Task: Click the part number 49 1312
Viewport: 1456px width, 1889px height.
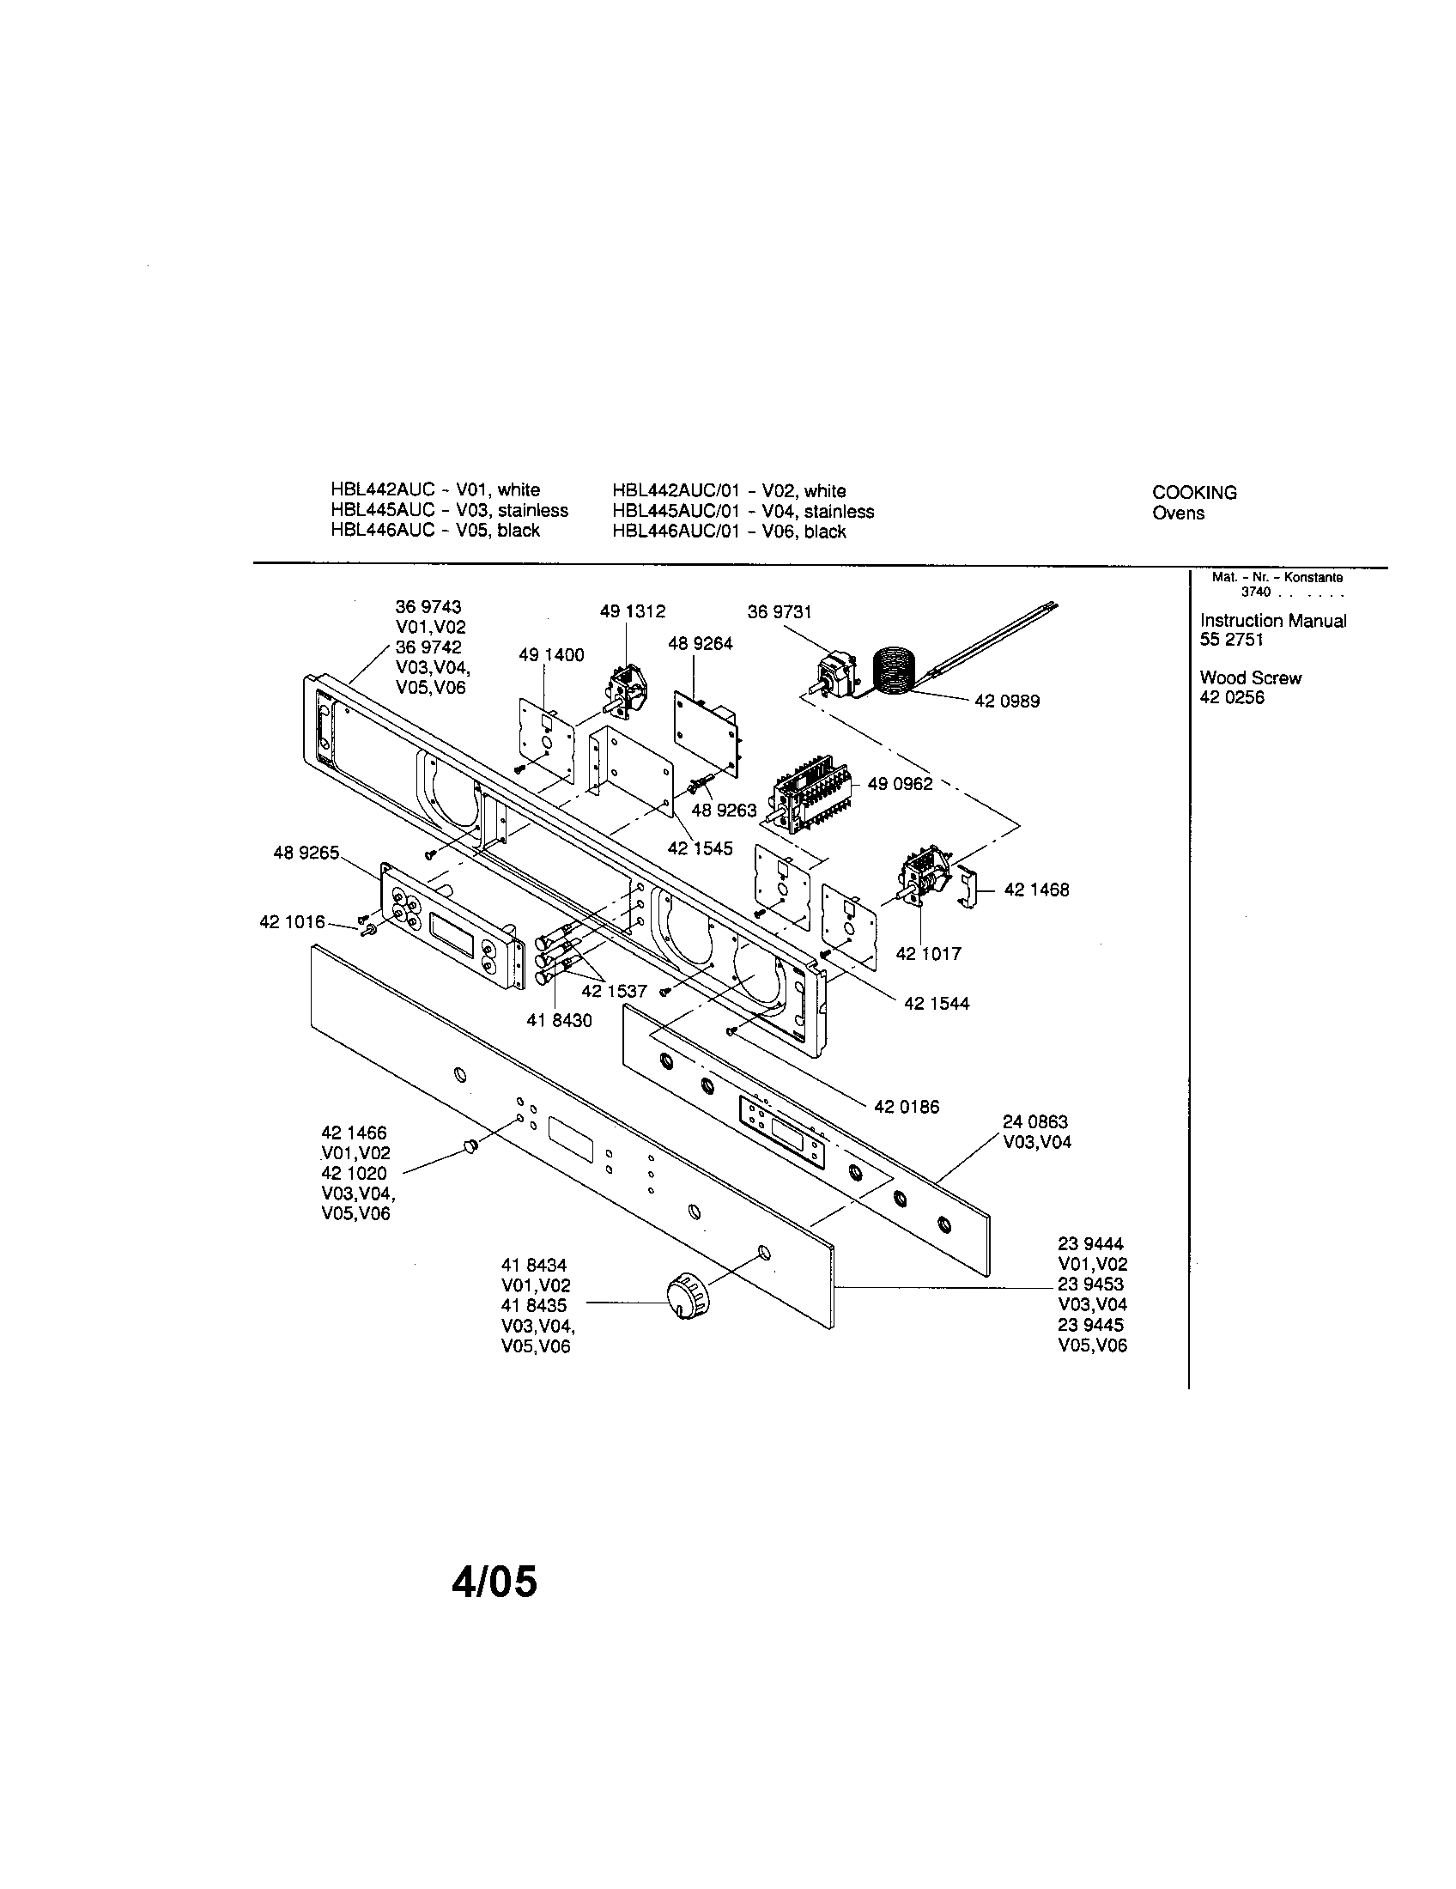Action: click(x=632, y=611)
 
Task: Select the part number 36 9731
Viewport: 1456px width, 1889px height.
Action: click(x=779, y=612)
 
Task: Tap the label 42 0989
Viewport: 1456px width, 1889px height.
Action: click(x=1006, y=702)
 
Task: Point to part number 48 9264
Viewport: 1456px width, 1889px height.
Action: click(x=700, y=643)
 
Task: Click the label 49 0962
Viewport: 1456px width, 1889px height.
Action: click(x=899, y=784)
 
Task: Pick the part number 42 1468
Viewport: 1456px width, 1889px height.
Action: click(x=1036, y=890)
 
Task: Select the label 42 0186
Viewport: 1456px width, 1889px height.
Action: click(x=906, y=1106)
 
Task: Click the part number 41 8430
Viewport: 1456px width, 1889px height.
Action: click(x=559, y=1021)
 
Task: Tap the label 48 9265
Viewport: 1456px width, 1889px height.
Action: click(x=306, y=853)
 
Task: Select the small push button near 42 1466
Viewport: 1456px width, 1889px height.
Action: click(x=470, y=1146)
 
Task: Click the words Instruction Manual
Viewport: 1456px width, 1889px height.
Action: click(x=1272, y=620)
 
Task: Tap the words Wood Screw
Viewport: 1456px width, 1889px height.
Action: click(x=1250, y=677)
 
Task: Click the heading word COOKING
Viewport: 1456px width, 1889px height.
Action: click(x=1193, y=492)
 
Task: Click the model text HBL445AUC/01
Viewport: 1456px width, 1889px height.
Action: click(x=676, y=511)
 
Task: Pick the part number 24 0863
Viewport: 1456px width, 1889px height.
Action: click(x=1035, y=1122)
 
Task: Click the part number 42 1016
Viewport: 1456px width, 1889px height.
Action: click(x=292, y=922)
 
